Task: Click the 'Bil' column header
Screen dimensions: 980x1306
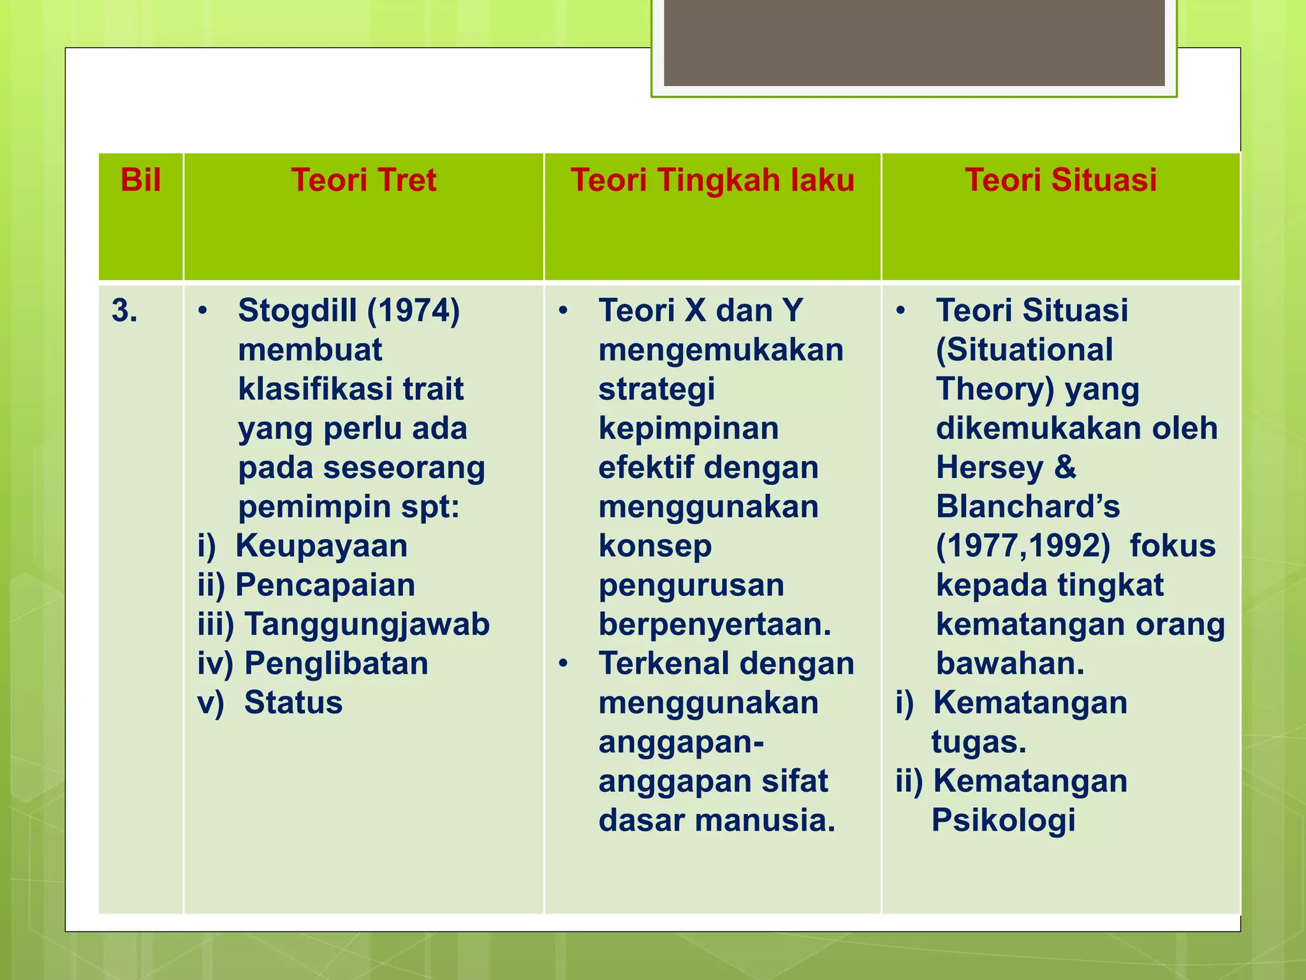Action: coord(140,181)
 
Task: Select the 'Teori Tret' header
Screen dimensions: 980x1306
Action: coord(363,181)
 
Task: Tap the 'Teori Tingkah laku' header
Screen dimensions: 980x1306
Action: coord(712,181)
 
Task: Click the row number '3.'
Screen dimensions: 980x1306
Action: coord(124,311)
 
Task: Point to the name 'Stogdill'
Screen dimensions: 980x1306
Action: coord(297,311)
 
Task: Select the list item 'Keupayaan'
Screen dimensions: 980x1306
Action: coord(321,547)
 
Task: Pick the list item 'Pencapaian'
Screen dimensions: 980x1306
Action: coord(325,586)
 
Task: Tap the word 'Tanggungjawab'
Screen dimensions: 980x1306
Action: coord(367,625)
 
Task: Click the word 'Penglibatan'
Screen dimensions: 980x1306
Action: coord(336,664)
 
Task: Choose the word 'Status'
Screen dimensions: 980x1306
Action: coord(293,703)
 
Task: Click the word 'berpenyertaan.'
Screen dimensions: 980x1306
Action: coord(715,625)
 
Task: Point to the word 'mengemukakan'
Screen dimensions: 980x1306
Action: coord(721,350)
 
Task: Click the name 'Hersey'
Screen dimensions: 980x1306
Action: coord(988,468)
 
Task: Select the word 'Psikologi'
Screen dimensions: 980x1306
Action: coord(1003,821)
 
